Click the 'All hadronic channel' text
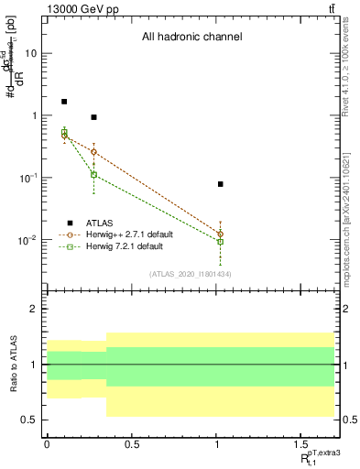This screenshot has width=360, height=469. click(191, 38)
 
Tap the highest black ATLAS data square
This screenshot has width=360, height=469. click(64, 102)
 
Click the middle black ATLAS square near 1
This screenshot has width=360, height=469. click(93, 117)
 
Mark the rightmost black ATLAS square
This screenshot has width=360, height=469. click(220, 184)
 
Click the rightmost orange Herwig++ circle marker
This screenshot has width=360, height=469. click(220, 234)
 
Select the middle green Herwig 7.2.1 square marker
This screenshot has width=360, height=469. click(93, 174)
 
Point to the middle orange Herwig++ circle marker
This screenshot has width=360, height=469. click(93, 152)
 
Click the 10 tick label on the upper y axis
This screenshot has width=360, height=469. click(30, 54)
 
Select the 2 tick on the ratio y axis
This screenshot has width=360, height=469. click(34, 310)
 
